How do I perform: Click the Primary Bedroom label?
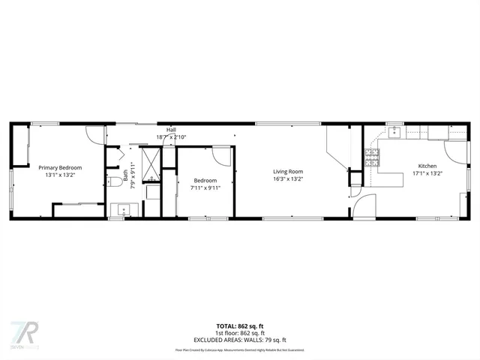click(60, 167)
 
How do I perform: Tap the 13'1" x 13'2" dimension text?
click(60, 175)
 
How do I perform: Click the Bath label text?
click(125, 178)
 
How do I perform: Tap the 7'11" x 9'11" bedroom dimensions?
click(205, 187)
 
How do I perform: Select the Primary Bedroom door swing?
click(94, 133)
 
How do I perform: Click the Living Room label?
click(287, 172)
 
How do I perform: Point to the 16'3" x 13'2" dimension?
click(287, 179)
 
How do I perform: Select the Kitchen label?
click(427, 166)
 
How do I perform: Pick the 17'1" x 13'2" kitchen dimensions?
click(427, 173)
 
